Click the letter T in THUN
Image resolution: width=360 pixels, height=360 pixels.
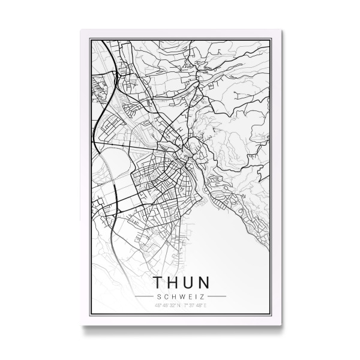coord(158,283)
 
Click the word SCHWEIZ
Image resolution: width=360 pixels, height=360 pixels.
coord(181,296)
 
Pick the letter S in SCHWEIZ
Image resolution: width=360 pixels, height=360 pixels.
coord(157,296)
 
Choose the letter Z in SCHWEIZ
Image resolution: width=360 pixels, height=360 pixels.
coord(204,296)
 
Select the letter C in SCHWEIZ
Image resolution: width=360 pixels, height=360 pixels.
coord(164,296)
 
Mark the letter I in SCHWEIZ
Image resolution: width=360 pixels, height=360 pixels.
coord(197,296)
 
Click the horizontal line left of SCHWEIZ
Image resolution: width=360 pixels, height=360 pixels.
coord(144,296)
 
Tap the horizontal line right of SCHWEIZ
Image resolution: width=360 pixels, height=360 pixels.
coord(217,296)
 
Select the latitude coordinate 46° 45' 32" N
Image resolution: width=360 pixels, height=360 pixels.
coord(167,306)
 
